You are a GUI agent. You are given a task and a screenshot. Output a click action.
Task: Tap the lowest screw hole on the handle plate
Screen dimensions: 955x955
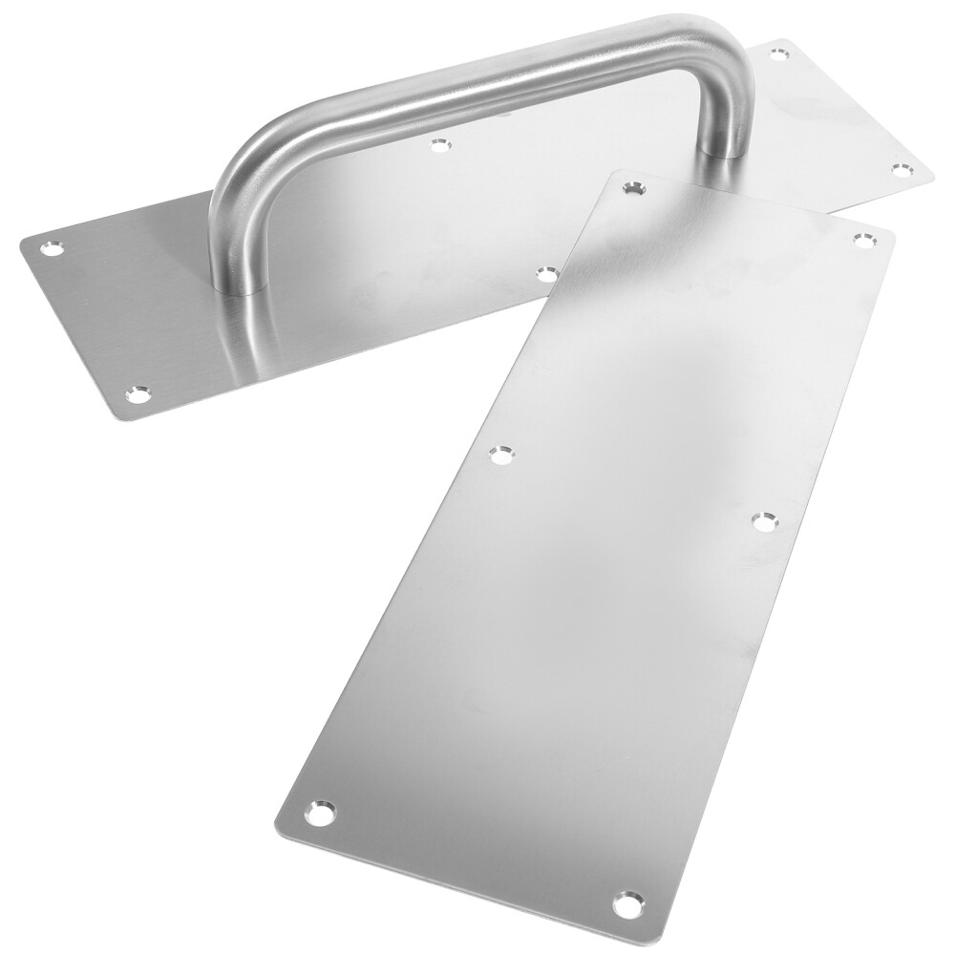tap(140, 392)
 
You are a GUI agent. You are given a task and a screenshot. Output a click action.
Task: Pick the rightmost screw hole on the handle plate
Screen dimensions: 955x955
tap(900, 169)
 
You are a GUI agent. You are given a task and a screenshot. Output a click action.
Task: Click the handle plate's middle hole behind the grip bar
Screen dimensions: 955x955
tap(438, 146)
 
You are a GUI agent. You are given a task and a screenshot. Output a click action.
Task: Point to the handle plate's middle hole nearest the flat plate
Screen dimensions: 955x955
tap(545, 274)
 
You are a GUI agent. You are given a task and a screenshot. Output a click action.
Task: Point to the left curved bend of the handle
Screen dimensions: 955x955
tap(234, 181)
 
